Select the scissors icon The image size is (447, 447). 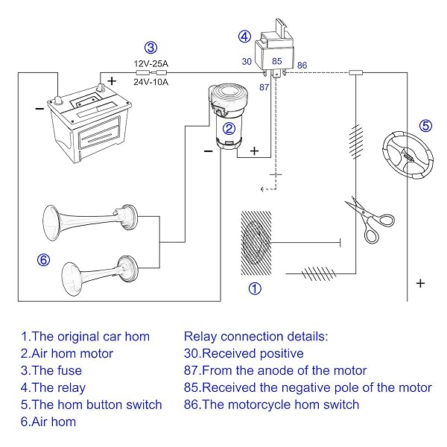(369, 220)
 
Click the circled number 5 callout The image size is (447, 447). (425, 125)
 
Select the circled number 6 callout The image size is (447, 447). (42, 259)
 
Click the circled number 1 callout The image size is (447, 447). (255, 288)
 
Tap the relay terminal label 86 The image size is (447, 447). (302, 66)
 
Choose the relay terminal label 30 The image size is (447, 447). (247, 61)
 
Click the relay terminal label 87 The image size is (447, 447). (264, 87)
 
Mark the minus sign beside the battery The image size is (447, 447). (39, 107)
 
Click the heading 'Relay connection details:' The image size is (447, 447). (255, 336)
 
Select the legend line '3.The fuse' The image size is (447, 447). (51, 370)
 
